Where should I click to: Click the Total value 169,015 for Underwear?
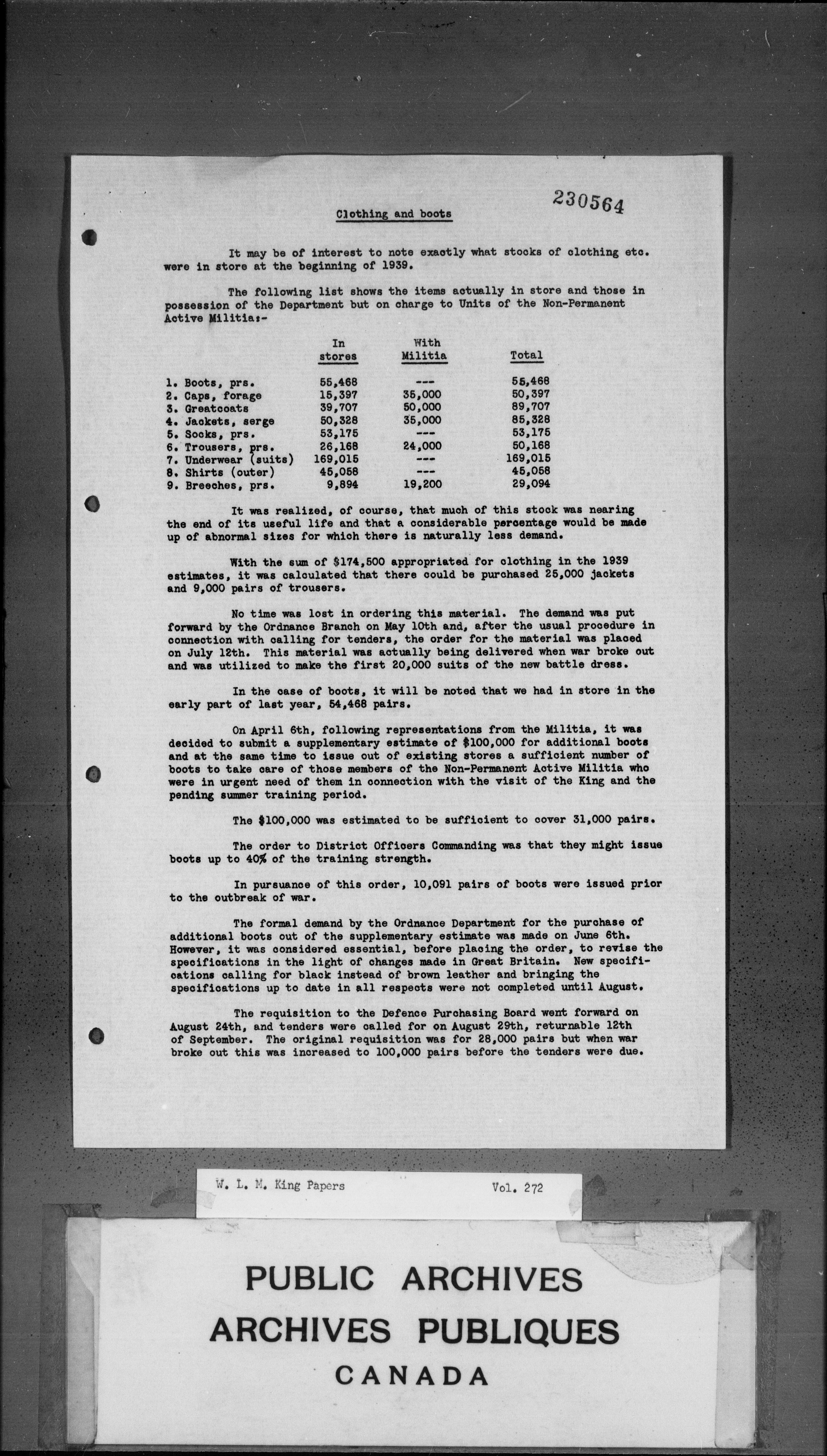(528, 459)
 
